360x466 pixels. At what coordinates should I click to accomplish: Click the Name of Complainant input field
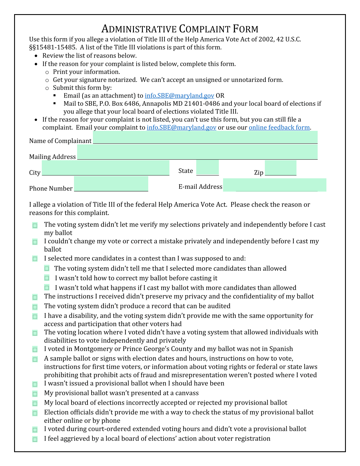click(x=205, y=138)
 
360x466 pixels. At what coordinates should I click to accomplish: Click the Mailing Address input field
click(x=197, y=152)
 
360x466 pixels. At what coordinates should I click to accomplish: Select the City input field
click(x=105, y=168)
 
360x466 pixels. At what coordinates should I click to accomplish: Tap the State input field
click(x=207, y=168)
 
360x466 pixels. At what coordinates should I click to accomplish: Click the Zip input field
click(x=280, y=168)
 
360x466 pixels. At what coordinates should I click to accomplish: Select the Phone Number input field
click(x=111, y=184)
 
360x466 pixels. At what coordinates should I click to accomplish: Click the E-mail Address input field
click(x=274, y=185)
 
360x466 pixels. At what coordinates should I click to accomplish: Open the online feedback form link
click(x=279, y=127)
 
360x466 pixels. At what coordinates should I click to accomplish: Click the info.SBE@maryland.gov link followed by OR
click(x=179, y=96)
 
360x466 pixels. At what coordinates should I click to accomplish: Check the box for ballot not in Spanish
click(x=35, y=350)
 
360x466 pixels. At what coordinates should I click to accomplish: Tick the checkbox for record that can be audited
click(x=35, y=307)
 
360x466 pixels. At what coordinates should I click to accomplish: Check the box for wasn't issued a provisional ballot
click(x=35, y=384)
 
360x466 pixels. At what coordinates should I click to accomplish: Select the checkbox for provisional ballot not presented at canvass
click(x=35, y=394)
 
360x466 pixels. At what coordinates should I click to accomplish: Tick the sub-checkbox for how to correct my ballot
click(x=47, y=278)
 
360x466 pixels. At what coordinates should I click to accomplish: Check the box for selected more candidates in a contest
click(x=35, y=259)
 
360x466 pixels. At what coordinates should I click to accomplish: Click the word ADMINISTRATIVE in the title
click(x=139, y=29)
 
